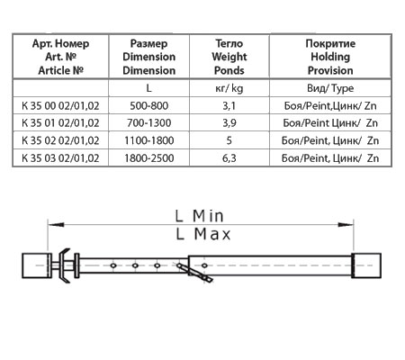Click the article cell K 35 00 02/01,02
(60, 106)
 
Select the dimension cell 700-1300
(148, 123)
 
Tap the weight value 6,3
(229, 158)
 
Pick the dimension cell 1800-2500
(149, 158)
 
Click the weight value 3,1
(229, 106)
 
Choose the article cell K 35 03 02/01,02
(60, 158)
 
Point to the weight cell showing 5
(229, 140)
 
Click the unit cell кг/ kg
(229, 88)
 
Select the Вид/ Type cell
(330, 88)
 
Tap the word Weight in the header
(229, 57)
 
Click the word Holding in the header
(330, 57)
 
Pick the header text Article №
(60, 70)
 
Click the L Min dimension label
(200, 216)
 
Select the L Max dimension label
(203, 234)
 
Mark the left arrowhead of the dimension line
(56, 224)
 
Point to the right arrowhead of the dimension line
(346, 224)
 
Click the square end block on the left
(36, 265)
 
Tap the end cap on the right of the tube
(366, 265)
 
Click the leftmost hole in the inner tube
(113, 265)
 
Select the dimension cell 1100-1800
(149, 140)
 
